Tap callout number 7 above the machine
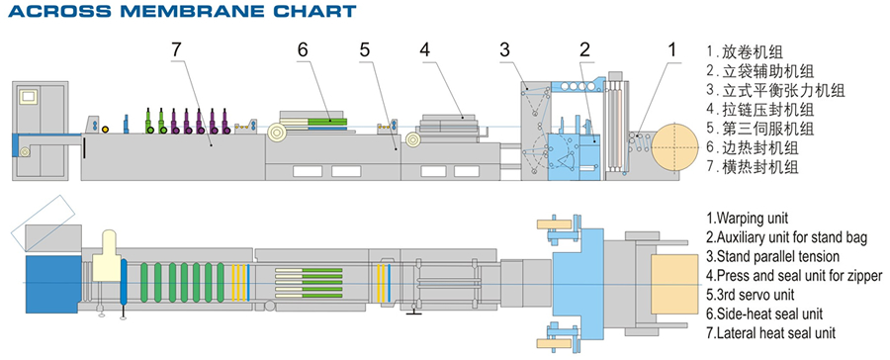[x=177, y=49]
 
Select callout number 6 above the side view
[x=302, y=49]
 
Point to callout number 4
[x=425, y=49]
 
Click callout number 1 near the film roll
[x=672, y=49]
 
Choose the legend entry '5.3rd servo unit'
[x=750, y=295]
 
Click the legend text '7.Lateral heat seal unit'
[x=770, y=332]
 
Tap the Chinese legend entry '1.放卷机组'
[x=745, y=52]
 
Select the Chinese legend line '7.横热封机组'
[x=753, y=167]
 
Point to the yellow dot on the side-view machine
[x=105, y=129]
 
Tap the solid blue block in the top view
[x=52, y=283]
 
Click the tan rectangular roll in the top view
[x=674, y=285]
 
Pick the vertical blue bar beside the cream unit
[x=124, y=282]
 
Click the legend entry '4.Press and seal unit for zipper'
[x=794, y=275]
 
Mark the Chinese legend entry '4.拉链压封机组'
[x=760, y=109]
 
